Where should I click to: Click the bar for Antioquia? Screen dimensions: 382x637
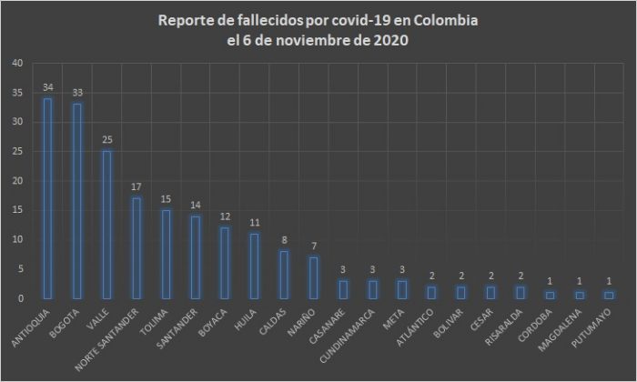tap(47, 198)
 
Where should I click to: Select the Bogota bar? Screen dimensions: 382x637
tap(76, 201)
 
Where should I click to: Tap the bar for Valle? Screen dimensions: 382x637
tap(106, 225)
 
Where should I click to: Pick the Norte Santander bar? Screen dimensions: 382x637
tap(135, 248)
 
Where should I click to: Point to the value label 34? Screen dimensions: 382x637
tap(47, 88)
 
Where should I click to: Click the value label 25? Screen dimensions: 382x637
tap(106, 141)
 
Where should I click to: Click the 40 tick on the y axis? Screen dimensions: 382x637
tap(19, 64)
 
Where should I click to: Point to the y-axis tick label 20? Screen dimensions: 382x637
tap(19, 181)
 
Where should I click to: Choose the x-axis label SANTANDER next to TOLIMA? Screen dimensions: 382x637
tap(190, 327)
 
